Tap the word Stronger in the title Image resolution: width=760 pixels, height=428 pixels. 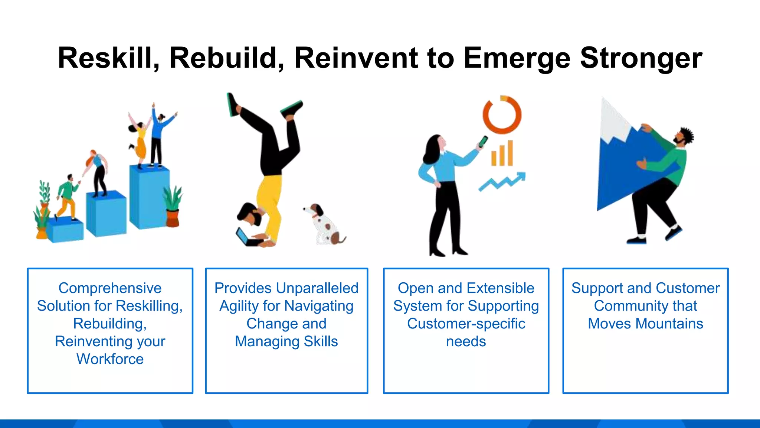[x=641, y=58]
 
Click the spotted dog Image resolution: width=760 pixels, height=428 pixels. [x=324, y=225]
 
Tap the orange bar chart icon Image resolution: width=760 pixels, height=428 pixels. [x=502, y=154]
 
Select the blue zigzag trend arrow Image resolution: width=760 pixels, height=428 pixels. [x=502, y=182]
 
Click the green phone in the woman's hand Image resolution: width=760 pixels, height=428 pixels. [x=483, y=142]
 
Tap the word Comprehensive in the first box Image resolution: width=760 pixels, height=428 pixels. [x=110, y=288]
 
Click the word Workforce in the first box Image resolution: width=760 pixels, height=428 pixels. [x=110, y=359]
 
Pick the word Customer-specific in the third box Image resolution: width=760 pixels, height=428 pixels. [x=466, y=324]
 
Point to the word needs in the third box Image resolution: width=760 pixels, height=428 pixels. [x=466, y=341]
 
